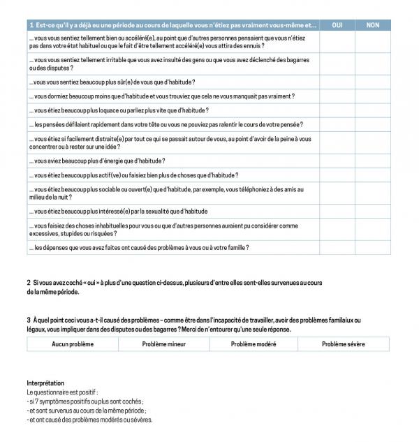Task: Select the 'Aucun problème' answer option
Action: tap(73, 344)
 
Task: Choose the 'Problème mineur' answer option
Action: tap(163, 344)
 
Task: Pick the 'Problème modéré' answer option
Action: tap(253, 344)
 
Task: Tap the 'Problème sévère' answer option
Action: tap(344, 344)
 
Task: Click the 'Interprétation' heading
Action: tap(45, 383)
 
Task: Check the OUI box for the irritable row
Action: tap(337, 65)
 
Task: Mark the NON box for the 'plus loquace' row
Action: tap(373, 110)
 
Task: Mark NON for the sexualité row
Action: tap(373, 211)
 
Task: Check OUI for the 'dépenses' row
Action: tap(337, 247)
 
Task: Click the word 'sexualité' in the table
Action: tap(147, 211)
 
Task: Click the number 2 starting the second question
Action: tap(29, 283)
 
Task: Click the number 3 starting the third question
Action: tap(29, 321)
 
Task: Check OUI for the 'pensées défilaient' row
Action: tap(337, 124)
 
